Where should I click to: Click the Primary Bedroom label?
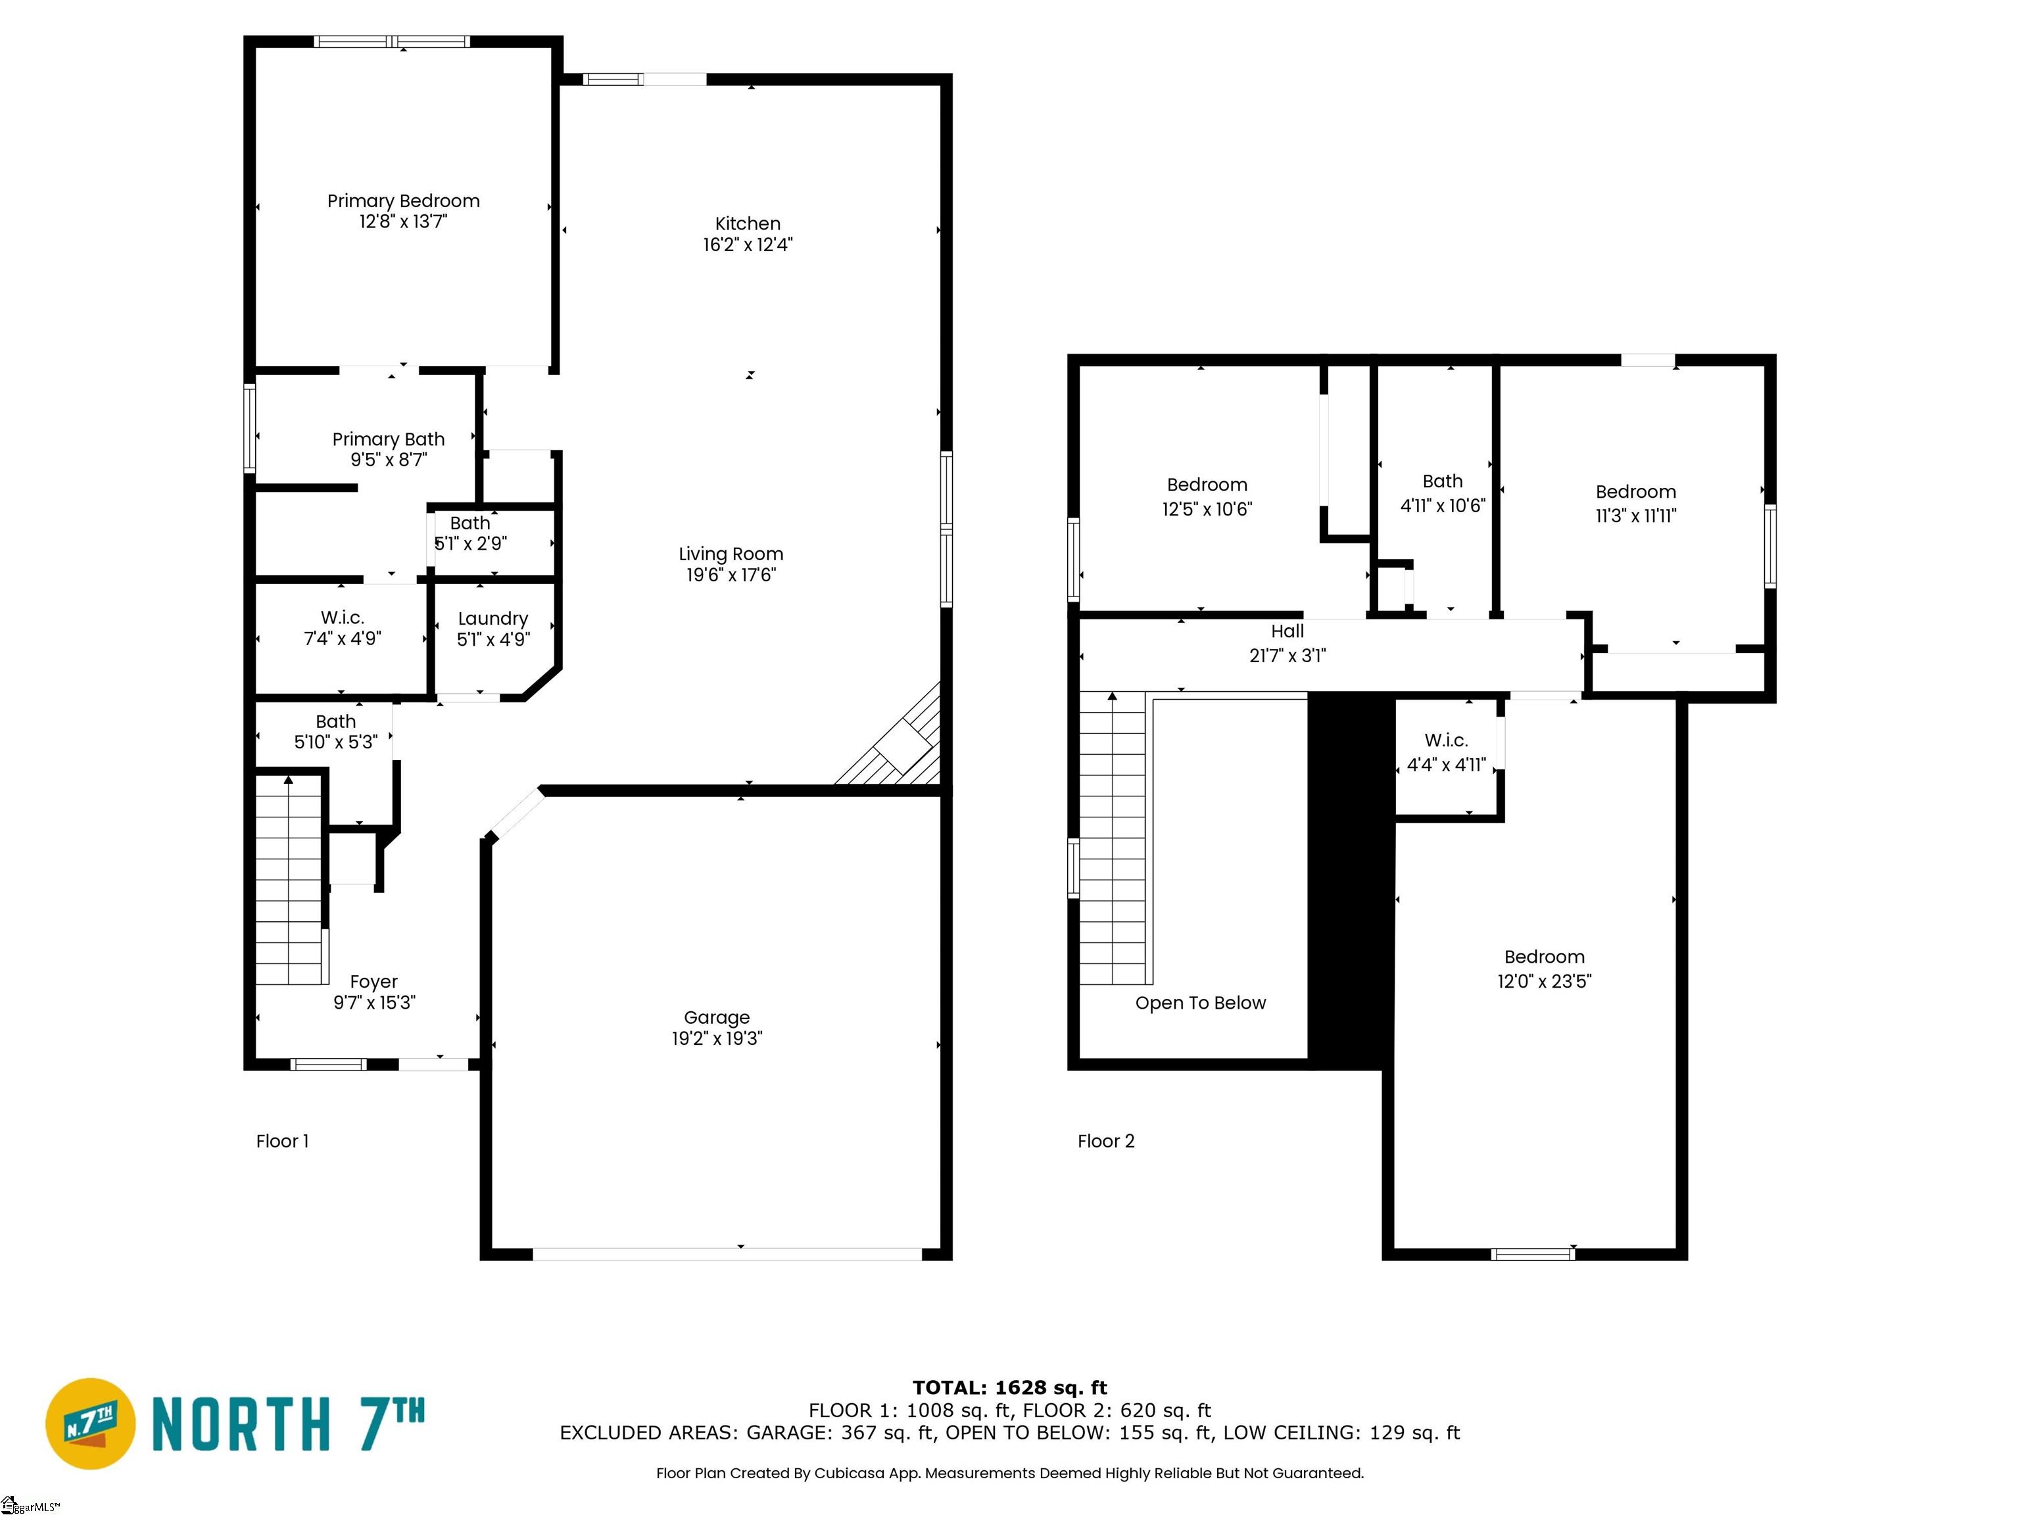(404, 201)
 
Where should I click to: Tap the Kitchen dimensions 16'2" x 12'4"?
(748, 245)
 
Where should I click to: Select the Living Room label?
(731, 554)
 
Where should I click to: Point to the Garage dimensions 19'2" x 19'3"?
(717, 1038)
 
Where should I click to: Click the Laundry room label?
(493, 619)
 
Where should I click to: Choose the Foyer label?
(373, 982)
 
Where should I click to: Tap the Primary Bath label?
(388, 439)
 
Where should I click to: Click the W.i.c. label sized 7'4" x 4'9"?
(343, 618)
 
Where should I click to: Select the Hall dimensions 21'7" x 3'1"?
(1287, 656)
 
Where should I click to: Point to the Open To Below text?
(1201, 1003)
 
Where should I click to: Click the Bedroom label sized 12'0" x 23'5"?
(1544, 957)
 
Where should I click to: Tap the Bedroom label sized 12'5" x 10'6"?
(1207, 485)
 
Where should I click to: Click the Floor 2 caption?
(1106, 1142)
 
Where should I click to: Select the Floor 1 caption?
(282, 1142)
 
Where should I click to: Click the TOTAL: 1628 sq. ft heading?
(1010, 1388)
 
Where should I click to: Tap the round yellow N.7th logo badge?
(90, 1424)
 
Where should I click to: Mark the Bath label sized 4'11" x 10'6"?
(1443, 481)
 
